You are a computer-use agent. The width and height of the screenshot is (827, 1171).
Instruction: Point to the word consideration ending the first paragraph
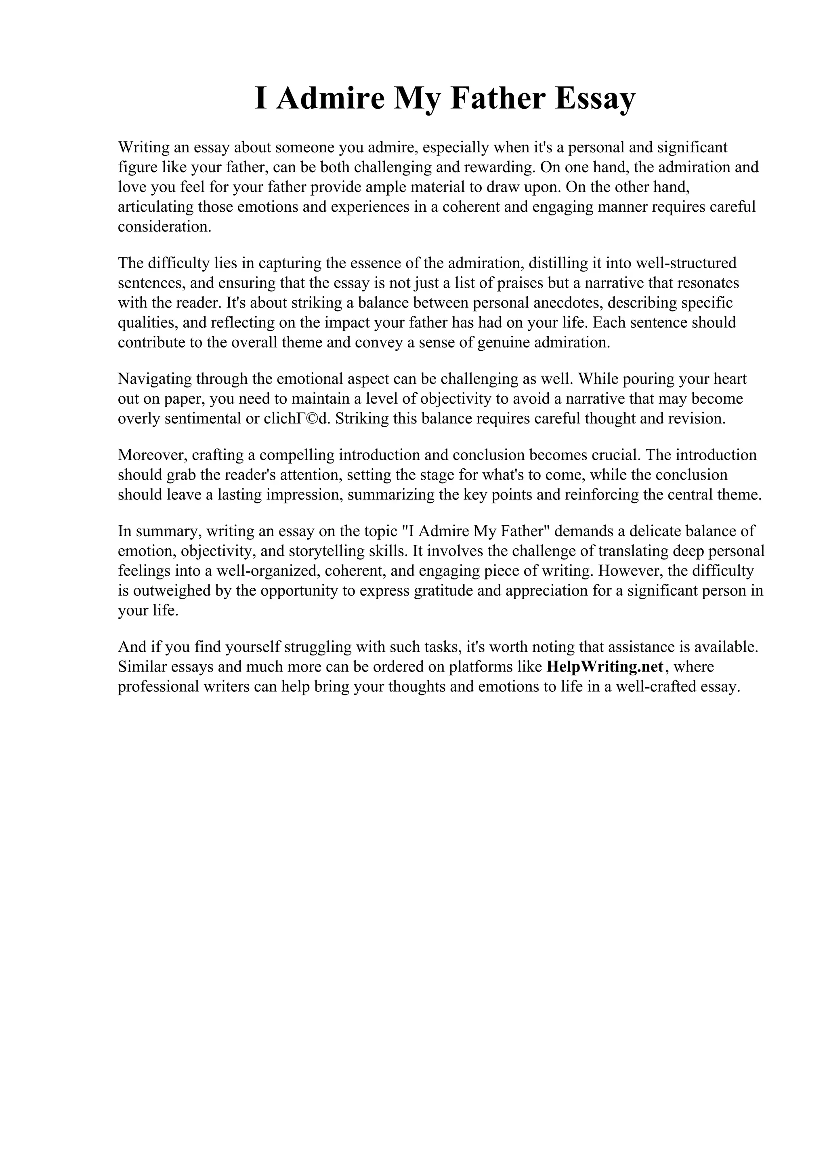click(164, 227)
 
